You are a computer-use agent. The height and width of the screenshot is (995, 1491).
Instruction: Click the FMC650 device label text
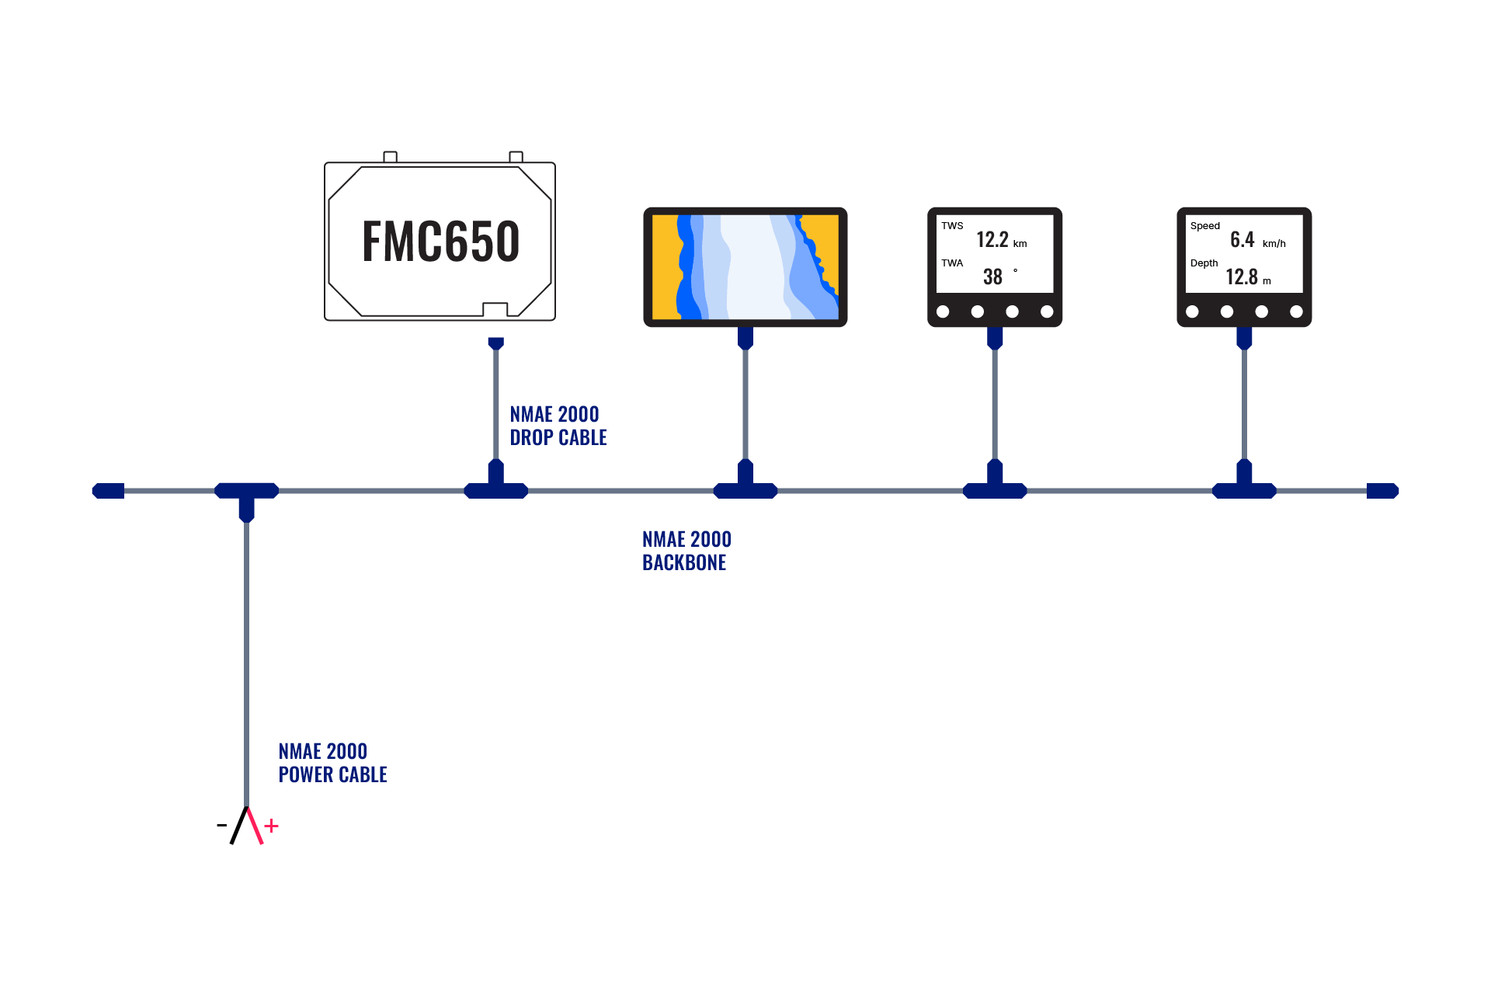click(x=440, y=241)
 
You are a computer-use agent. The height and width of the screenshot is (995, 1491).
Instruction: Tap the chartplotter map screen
click(x=745, y=266)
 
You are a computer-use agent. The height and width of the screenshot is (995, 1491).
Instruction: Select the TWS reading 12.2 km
click(x=1000, y=240)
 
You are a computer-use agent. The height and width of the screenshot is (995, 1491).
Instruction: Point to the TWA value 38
click(x=993, y=277)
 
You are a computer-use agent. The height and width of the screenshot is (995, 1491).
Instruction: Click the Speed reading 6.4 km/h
click(x=1256, y=240)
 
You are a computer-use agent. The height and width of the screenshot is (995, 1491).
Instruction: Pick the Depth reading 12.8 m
click(x=1247, y=277)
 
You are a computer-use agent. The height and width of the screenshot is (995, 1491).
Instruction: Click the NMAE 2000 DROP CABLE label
click(x=558, y=426)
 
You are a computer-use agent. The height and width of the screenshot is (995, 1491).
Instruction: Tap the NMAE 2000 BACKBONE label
click(x=686, y=551)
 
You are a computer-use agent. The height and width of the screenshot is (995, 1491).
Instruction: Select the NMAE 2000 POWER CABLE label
click(x=332, y=763)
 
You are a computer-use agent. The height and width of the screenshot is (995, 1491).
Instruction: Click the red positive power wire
click(x=255, y=826)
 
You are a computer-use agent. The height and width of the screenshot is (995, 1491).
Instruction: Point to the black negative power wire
click(x=238, y=826)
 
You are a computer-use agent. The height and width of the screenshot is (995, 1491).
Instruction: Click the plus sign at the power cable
click(x=272, y=826)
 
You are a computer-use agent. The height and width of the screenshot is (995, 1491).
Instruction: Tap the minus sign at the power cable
click(x=221, y=825)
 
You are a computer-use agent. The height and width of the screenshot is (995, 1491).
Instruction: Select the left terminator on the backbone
click(x=108, y=491)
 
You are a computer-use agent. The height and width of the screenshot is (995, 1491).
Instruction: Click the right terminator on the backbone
click(x=1382, y=491)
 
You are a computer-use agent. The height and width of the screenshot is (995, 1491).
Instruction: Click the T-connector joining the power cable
click(x=246, y=495)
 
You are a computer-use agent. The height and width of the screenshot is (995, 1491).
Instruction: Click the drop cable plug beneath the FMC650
click(x=495, y=343)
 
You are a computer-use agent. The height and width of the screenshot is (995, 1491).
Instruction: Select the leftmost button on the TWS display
click(x=943, y=311)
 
